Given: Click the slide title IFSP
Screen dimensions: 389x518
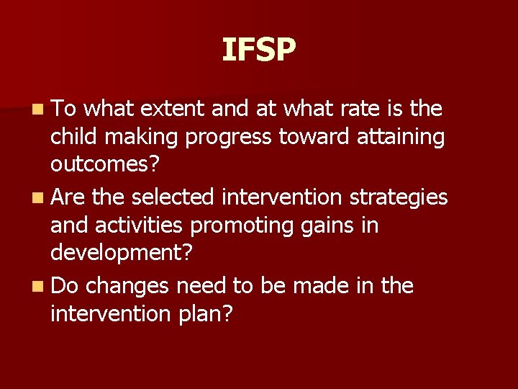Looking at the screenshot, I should (x=258, y=50).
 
